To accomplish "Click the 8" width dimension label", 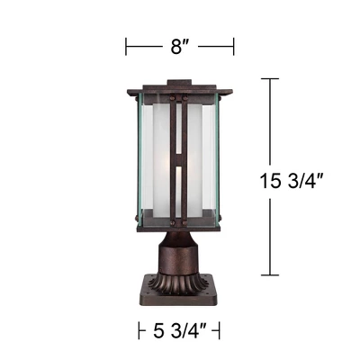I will click(x=179, y=45).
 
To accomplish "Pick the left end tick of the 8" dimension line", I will click(x=127, y=45).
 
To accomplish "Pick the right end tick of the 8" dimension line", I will click(x=234, y=45).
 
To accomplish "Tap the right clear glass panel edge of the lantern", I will click(x=224, y=157).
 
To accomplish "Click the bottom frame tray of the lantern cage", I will click(x=179, y=225).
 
